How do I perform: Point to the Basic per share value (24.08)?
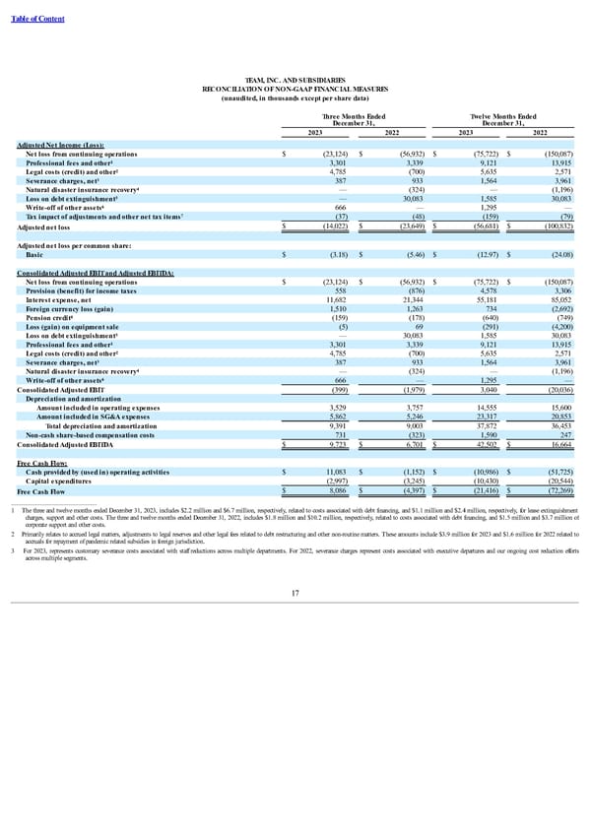tap(560, 253)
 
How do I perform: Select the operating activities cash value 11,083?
tap(330, 472)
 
